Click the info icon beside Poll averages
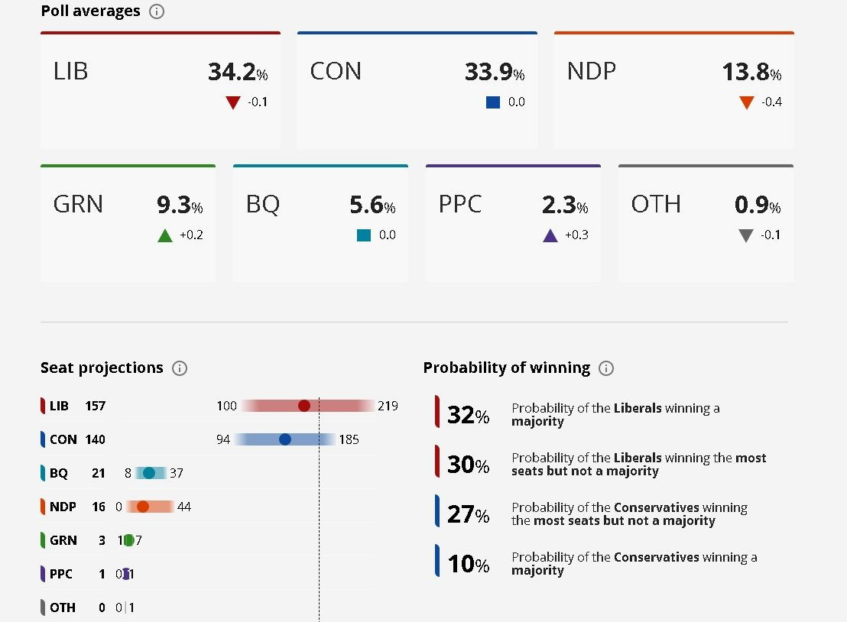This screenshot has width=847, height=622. click(157, 11)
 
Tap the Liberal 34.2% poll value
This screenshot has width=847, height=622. click(237, 72)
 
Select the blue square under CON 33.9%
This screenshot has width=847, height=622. click(493, 102)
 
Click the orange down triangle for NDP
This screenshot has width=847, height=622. click(747, 102)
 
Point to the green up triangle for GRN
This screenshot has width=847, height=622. click(164, 235)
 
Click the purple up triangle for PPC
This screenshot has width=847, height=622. click(550, 235)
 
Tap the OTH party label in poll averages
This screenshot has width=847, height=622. click(655, 205)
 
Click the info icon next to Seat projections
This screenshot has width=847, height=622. click(180, 368)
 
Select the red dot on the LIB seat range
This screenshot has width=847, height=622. click(304, 406)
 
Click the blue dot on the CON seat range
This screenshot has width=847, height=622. click(285, 439)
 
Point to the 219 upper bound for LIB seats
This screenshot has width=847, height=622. click(388, 406)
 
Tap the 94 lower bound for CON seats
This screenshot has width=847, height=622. click(223, 439)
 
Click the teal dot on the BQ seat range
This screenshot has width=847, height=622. click(149, 473)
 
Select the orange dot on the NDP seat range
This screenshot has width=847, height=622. click(142, 507)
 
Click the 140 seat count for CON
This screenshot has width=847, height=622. click(96, 439)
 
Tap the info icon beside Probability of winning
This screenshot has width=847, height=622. click(606, 368)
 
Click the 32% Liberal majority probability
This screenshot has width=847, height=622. click(468, 415)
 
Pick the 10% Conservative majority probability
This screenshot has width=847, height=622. click(468, 564)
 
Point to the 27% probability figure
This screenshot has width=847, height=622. click(468, 514)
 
